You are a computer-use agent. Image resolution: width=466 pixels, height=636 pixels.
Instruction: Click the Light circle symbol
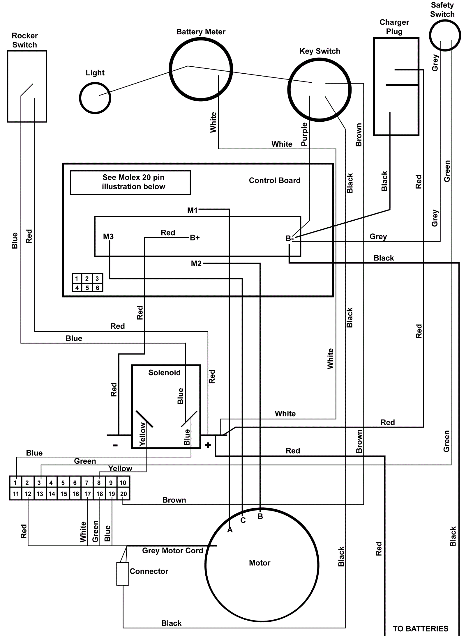[95, 98]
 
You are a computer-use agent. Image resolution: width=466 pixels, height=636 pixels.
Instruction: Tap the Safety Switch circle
[445, 35]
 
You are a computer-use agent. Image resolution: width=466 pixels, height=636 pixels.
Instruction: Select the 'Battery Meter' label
[201, 32]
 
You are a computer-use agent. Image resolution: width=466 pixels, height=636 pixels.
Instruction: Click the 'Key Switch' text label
[320, 51]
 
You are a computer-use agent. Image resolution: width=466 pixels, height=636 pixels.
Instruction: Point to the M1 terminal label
[192, 210]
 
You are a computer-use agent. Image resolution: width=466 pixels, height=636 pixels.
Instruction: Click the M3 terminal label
[108, 237]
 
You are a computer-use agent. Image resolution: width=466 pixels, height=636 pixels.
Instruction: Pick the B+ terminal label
[195, 238]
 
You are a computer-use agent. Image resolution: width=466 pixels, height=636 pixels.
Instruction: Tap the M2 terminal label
[196, 263]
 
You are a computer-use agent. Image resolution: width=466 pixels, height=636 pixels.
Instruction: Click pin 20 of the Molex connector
[123, 494]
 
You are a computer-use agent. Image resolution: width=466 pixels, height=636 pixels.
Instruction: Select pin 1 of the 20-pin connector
[15, 483]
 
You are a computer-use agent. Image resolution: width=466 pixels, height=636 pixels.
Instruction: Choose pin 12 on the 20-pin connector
[28, 494]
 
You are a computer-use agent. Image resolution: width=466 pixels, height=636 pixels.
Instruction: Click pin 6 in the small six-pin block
[97, 288]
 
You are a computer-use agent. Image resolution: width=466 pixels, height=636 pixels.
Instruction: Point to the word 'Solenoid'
[164, 373]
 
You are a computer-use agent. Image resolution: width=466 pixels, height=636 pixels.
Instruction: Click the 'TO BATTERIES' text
[420, 628]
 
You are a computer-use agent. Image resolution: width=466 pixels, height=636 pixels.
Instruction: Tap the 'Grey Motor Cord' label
[172, 550]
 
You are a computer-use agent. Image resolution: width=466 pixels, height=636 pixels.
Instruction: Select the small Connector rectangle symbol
[123, 574]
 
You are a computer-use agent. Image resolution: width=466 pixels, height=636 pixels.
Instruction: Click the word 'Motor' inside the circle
[260, 563]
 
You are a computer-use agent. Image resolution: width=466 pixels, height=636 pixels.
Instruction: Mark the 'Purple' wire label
[304, 134]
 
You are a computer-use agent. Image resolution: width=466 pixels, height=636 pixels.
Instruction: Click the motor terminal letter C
[243, 520]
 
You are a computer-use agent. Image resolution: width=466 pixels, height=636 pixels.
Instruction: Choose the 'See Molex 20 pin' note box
[130, 182]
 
